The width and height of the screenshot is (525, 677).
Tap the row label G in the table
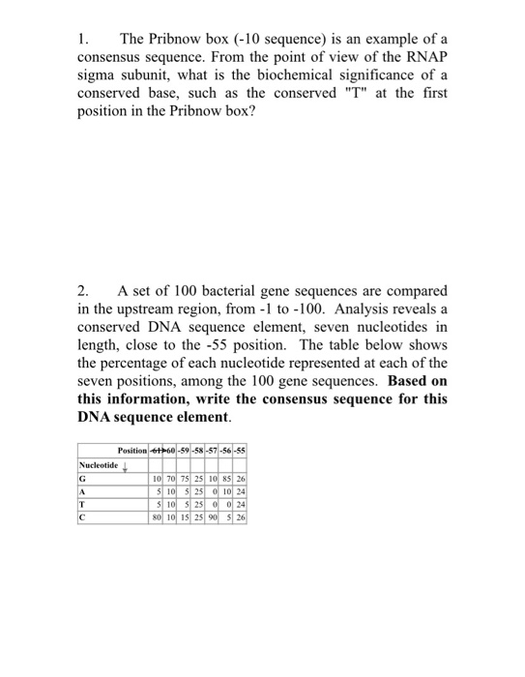click(x=83, y=479)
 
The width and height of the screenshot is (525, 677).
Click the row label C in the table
click(x=83, y=516)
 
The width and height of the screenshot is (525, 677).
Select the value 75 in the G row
click(x=195, y=479)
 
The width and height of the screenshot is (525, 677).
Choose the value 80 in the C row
click(x=158, y=516)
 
